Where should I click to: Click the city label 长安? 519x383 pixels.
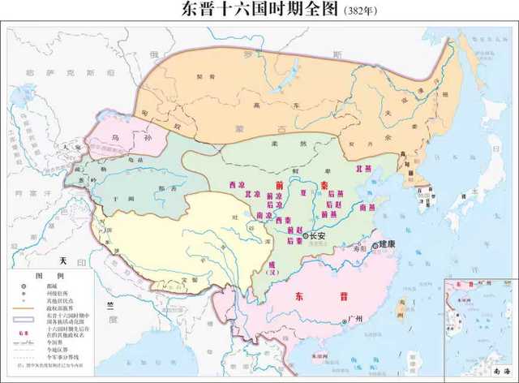coord(316,236)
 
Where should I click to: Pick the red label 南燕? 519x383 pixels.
coord(367,208)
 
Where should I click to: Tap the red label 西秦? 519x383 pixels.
coord(283,220)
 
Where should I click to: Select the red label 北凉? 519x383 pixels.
coord(252,196)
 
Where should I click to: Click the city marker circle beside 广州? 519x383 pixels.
coord(345,322)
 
